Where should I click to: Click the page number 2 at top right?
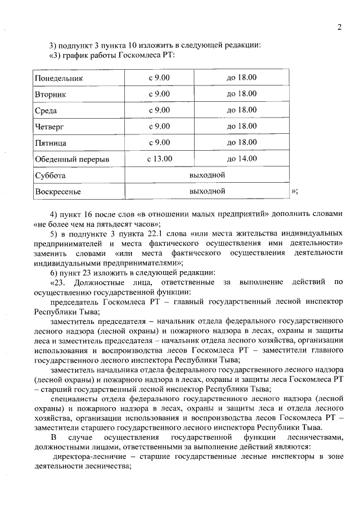coord(340,28)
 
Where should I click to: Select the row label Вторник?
coord(51,94)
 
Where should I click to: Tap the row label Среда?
coord(46,111)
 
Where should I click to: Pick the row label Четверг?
coord(49,127)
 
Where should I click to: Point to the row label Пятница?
coord(51,143)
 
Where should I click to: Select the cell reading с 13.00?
coord(159,159)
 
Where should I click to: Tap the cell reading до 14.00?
coord(241,159)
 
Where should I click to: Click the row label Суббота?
coord(50,175)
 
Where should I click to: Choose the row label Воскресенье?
coord(58,192)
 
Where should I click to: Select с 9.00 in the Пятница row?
coord(159,143)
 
